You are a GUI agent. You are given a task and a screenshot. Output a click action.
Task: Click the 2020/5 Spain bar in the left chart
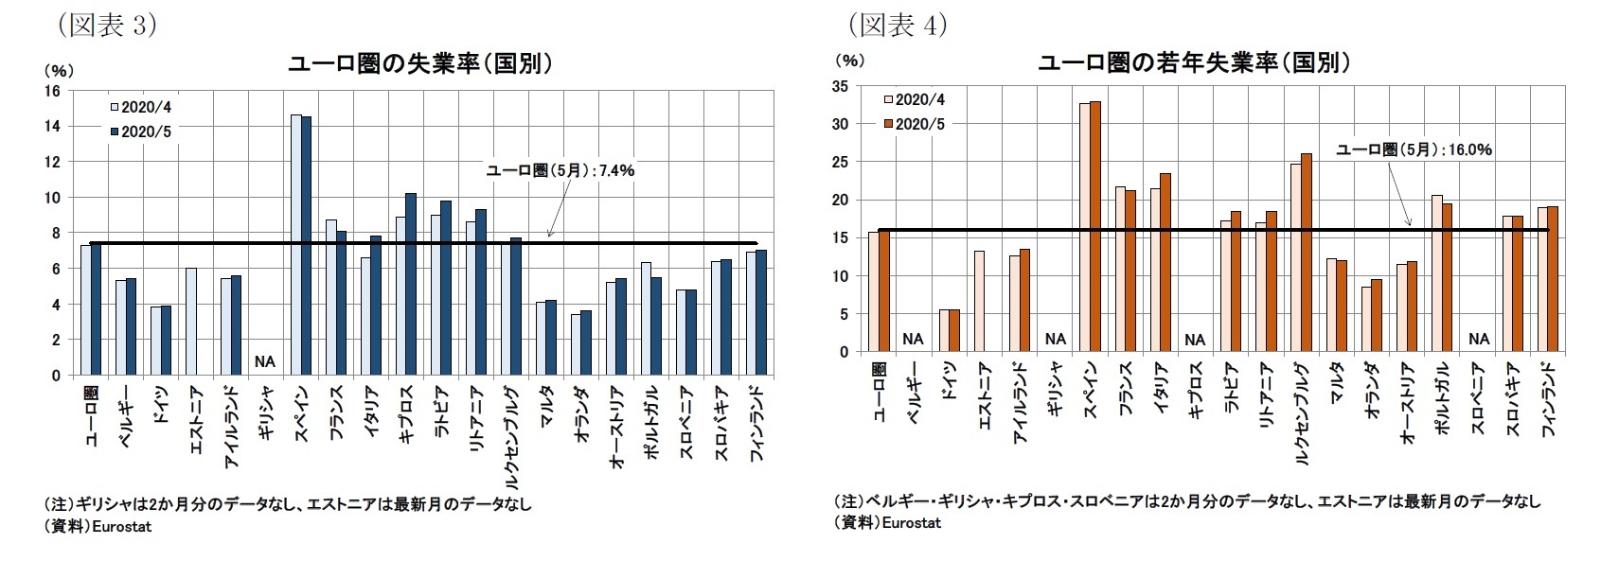point(306,246)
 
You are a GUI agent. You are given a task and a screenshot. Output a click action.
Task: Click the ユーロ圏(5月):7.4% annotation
point(560,170)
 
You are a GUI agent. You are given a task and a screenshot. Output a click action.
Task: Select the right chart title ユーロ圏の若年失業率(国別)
point(1195,64)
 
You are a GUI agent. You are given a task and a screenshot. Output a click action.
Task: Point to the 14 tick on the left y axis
point(52,126)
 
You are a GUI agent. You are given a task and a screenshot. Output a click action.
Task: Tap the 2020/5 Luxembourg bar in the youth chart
point(1307,253)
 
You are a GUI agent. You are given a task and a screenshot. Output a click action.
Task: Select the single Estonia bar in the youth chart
point(979,301)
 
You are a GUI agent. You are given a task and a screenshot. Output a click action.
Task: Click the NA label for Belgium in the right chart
point(913,339)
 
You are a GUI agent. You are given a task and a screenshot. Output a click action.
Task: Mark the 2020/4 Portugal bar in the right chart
point(1436,273)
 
